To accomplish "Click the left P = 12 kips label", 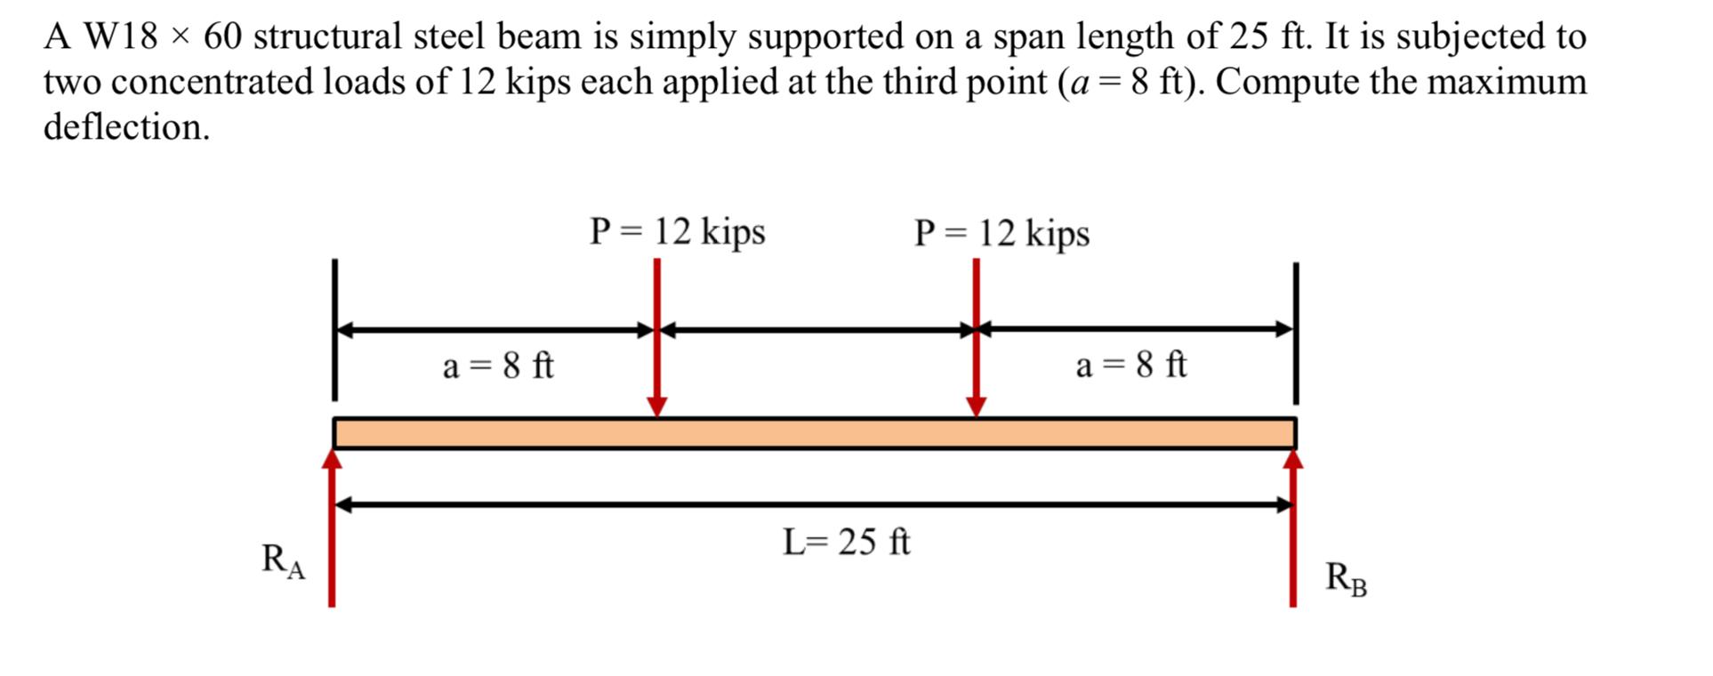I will point(677,232).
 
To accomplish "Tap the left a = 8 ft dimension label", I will point(498,366).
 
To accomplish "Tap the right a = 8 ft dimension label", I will point(1130,366).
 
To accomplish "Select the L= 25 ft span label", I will point(846,542).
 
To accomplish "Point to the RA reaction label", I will point(283,560).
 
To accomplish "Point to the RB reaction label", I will point(1346,578).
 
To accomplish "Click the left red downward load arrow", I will point(656,338).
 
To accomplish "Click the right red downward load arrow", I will point(976,338).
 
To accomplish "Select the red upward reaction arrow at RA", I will point(332,534).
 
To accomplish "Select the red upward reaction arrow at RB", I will point(1293,534).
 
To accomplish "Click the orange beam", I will point(814,433).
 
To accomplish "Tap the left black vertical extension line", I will point(334,329).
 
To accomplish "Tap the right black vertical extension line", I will point(1296,334).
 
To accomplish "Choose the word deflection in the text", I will point(126,127).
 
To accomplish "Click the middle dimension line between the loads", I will point(816,330).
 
